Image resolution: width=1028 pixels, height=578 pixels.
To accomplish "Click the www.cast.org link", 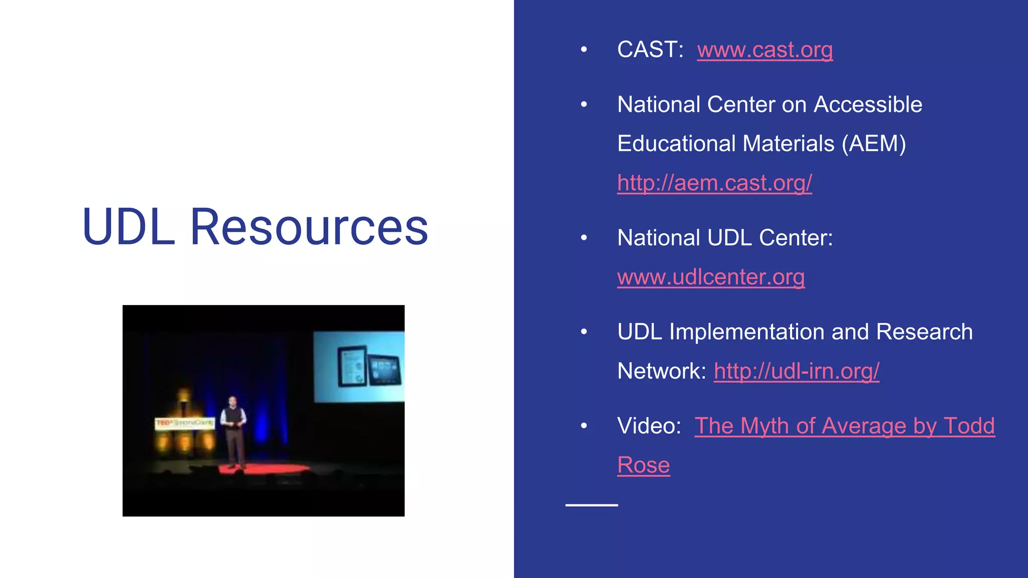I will tap(764, 50).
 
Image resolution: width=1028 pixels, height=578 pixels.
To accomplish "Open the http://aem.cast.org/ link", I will tap(714, 183).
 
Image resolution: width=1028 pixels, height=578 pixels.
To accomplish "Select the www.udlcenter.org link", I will tap(711, 277).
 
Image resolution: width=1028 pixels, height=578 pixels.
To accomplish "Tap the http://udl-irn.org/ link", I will tap(797, 371).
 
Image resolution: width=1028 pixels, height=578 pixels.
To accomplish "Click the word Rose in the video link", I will tap(644, 465).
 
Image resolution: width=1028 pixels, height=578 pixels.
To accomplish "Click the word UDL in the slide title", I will tap(128, 227).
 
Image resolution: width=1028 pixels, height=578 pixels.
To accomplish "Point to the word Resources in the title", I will tap(309, 227).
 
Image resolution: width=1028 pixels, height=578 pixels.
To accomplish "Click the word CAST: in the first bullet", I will tap(650, 50).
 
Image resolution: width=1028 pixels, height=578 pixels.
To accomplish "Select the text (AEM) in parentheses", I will tap(873, 144).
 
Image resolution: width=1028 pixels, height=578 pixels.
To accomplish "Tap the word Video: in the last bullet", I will tap(649, 426).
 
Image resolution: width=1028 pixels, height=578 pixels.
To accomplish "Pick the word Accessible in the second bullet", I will tap(868, 105).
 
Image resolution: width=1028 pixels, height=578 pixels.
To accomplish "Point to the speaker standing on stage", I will tap(233, 430).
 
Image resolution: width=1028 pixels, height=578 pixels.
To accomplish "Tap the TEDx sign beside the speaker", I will tap(185, 423).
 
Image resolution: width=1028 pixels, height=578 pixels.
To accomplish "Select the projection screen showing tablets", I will tap(359, 366).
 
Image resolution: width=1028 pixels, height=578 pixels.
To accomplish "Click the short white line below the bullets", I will tap(591, 505).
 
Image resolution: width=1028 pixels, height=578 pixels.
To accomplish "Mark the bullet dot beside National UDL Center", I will tap(584, 238).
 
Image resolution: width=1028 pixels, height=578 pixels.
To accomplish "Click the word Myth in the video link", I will tap(765, 426).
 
